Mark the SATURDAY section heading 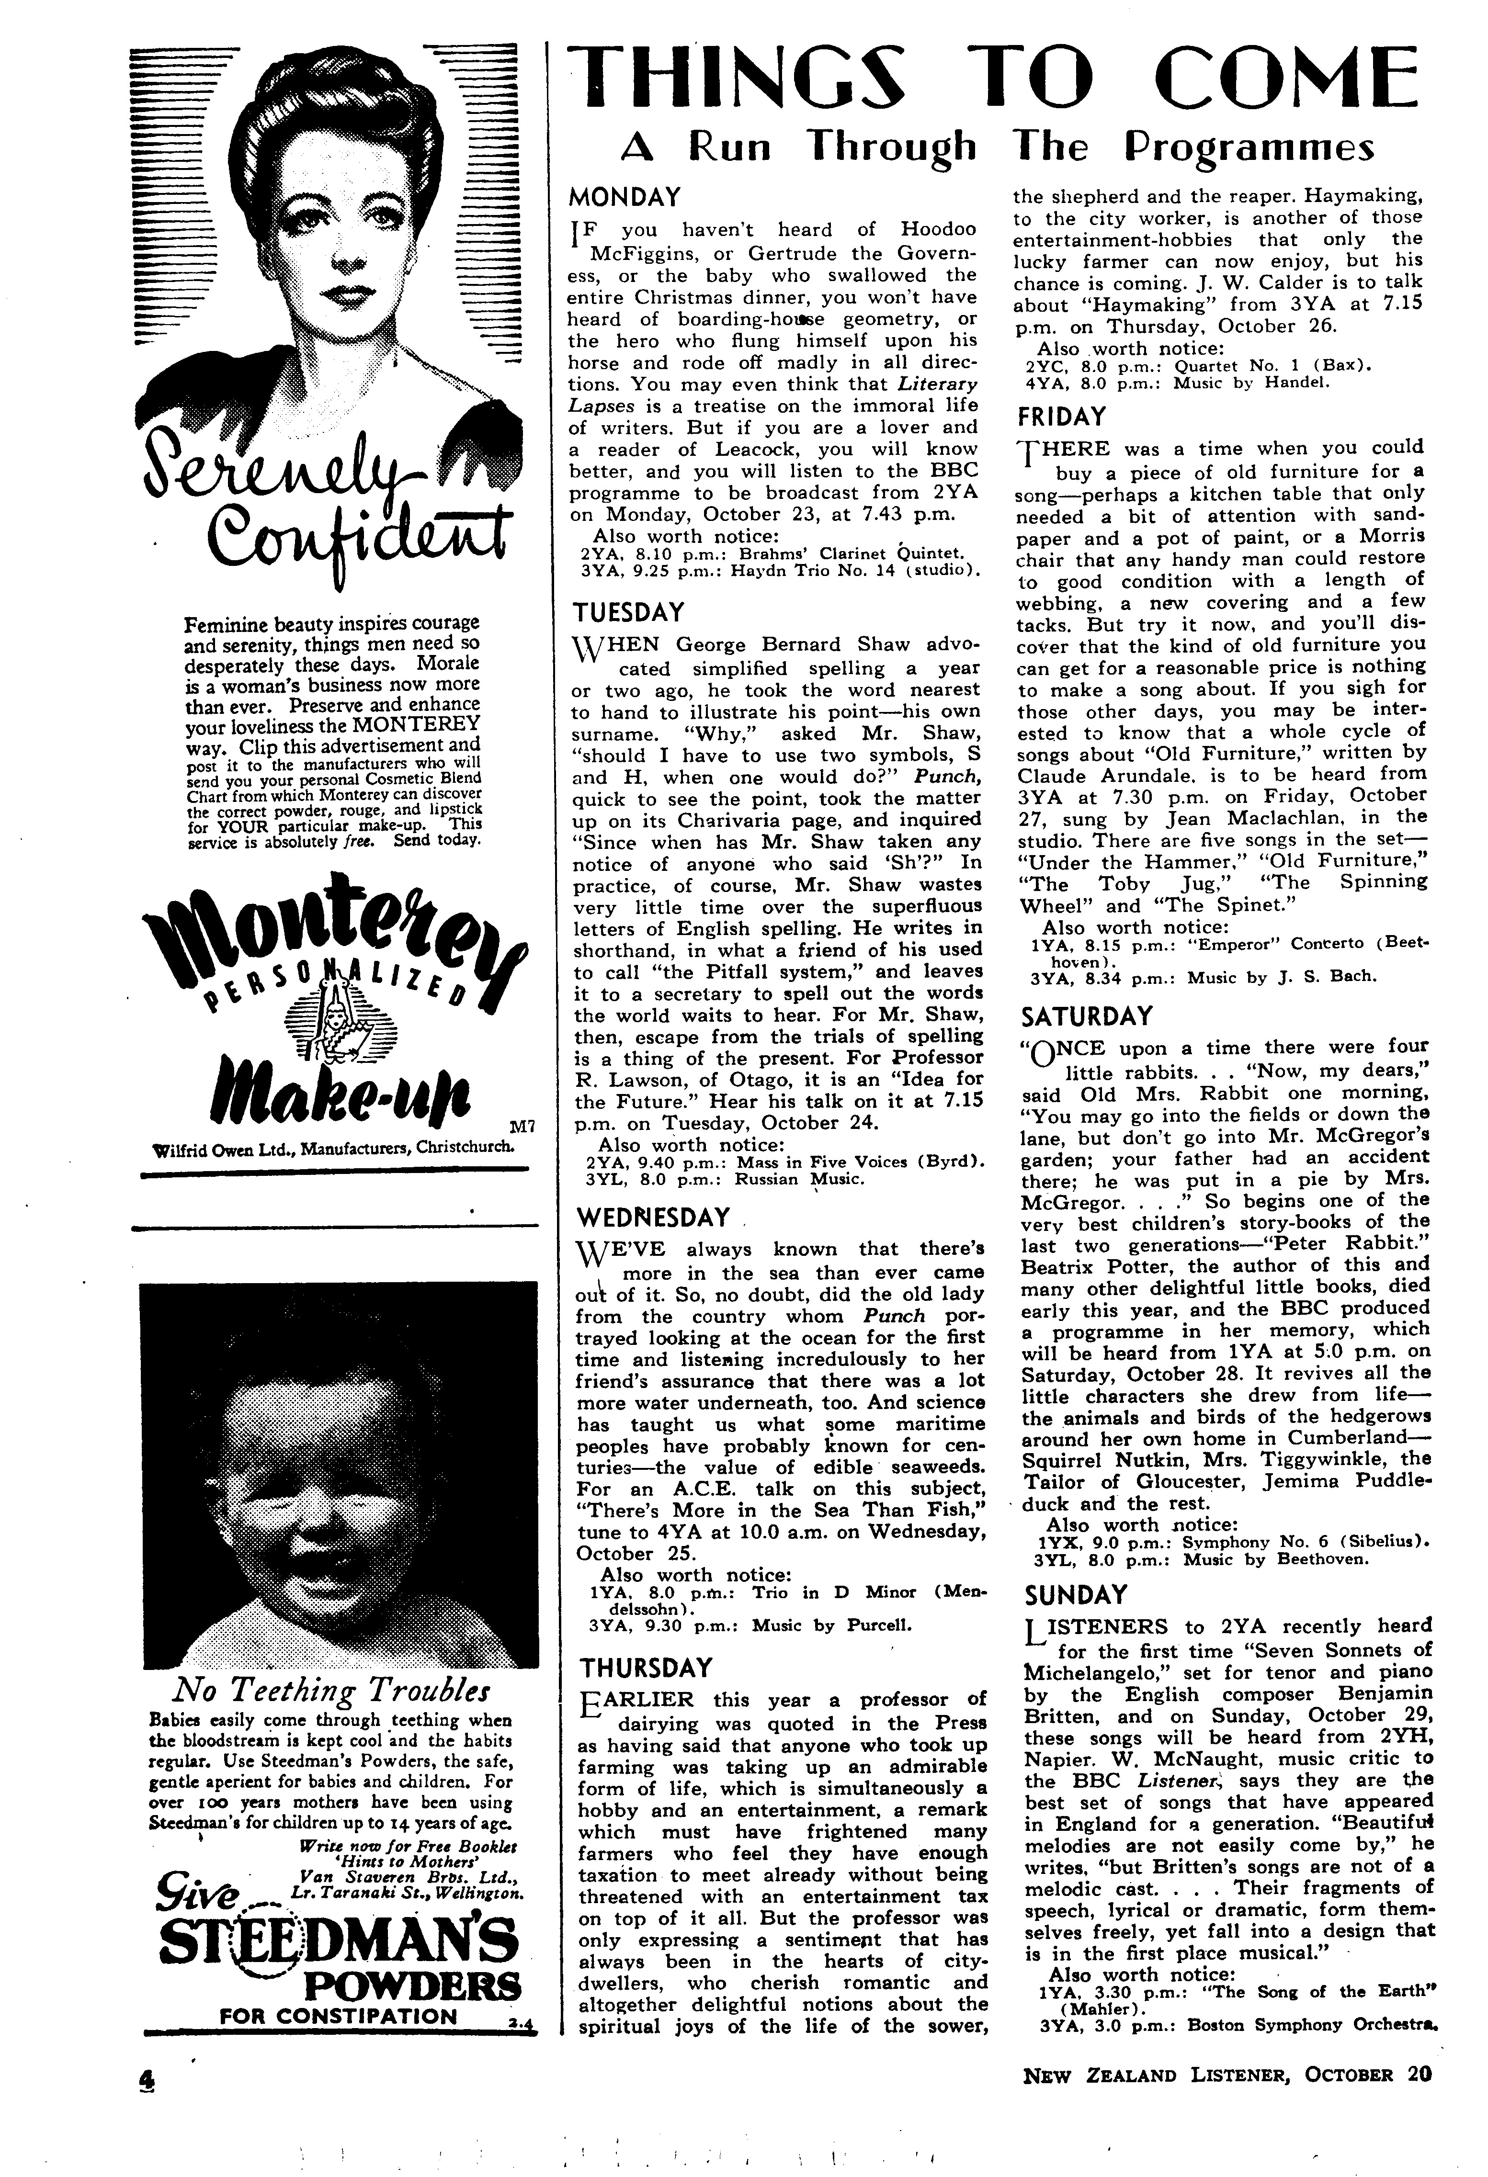click(1087, 1016)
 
